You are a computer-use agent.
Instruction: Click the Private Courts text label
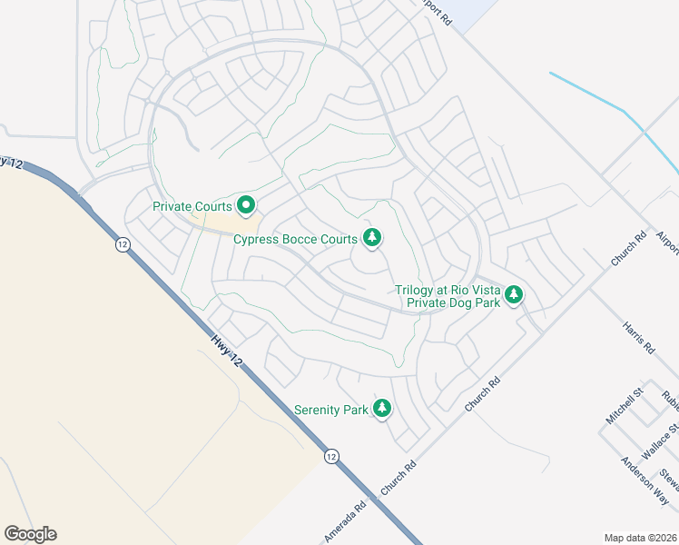tap(192, 207)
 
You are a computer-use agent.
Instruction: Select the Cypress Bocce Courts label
tap(295, 240)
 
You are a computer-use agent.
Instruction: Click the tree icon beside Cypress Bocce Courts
tap(371, 238)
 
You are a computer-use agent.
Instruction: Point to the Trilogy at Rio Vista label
tap(448, 291)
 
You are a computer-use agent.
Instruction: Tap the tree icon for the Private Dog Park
tap(515, 294)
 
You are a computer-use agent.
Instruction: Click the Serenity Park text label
tap(331, 410)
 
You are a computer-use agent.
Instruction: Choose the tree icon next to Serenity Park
tap(383, 409)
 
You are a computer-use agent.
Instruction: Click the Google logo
tap(30, 534)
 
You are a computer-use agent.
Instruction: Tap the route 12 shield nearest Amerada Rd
tap(331, 456)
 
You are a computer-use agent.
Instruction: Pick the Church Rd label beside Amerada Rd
tap(399, 478)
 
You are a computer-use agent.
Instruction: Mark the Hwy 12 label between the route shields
tap(227, 349)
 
